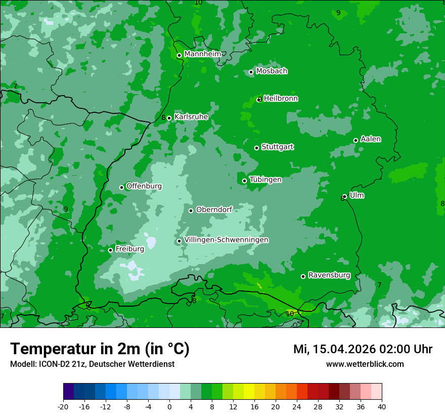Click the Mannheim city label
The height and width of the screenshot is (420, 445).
202,54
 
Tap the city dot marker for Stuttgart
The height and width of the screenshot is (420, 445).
256,148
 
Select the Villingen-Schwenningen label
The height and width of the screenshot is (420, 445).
226,240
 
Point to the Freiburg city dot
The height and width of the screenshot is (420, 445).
110,250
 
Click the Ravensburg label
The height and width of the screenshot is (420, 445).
329,275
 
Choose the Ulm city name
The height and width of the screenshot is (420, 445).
357,195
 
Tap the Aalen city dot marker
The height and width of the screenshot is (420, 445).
355,140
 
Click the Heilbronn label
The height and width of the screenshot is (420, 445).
281,99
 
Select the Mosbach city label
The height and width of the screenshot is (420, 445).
272,71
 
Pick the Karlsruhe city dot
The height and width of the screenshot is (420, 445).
169,118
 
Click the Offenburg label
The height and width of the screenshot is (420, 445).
144,186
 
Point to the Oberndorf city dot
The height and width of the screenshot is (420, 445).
191,211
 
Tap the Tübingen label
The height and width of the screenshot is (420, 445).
265,180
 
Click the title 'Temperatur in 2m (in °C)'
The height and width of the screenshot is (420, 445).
100,349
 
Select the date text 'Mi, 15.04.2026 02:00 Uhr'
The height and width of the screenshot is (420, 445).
363,349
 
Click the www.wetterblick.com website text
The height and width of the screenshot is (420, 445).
365,364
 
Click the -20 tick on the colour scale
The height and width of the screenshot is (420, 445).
63,406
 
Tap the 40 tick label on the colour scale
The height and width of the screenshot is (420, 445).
382,406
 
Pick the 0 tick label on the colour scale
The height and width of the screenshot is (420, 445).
169,406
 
